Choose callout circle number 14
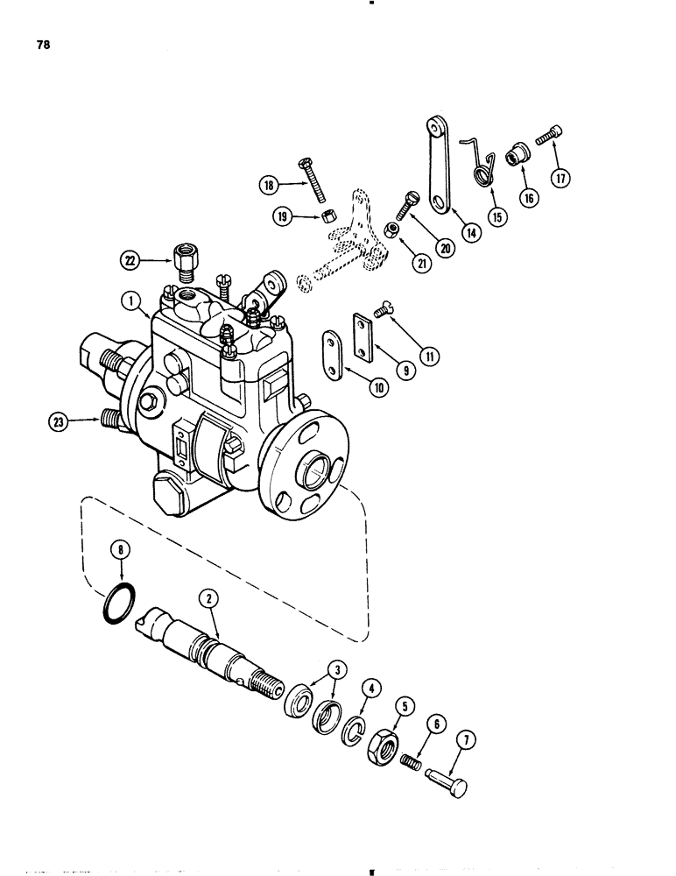473,233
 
